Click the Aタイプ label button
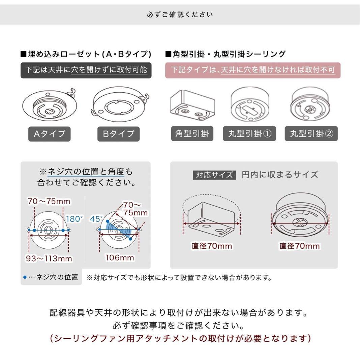pos(50,134)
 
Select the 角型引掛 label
pos(192,134)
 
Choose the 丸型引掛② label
pos(311,134)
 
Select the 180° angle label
pos(74,219)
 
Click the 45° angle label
pos(96,219)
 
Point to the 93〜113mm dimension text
pos(49,259)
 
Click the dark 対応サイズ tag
pos(214,175)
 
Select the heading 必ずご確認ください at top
pos(180,15)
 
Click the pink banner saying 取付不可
pos(252,70)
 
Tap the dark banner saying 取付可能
pos(86,70)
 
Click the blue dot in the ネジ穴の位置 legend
pos(25,277)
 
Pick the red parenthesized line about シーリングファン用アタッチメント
pos(180,338)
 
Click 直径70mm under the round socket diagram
pos(299,246)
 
